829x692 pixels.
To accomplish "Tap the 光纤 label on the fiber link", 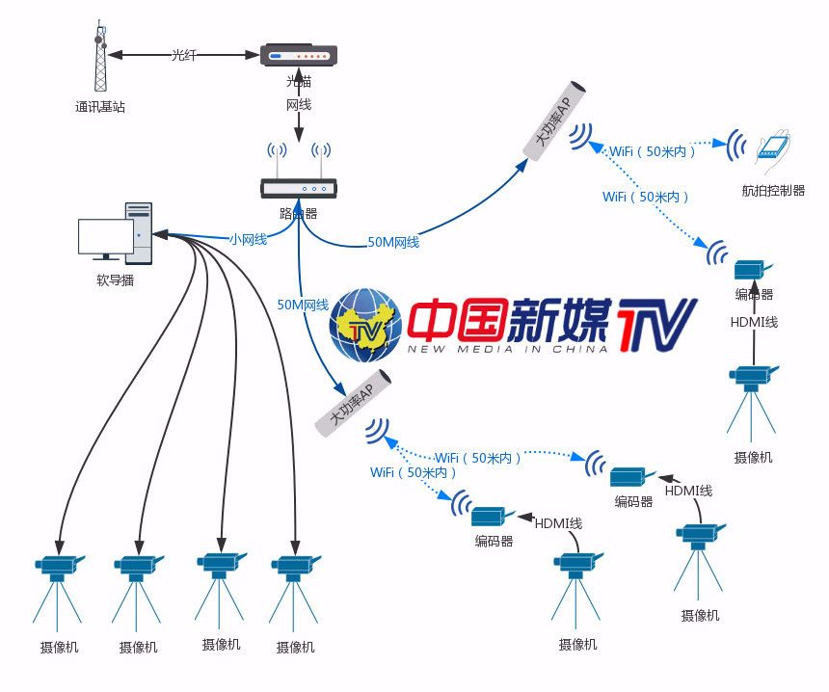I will [183, 55].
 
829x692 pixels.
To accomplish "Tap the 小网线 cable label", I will [248, 238].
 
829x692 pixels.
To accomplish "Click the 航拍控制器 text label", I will [773, 191].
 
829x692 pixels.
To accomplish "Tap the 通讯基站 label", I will [99, 107].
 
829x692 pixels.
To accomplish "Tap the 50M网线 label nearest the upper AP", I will [393, 242].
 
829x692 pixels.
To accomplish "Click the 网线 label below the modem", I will [299, 104].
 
